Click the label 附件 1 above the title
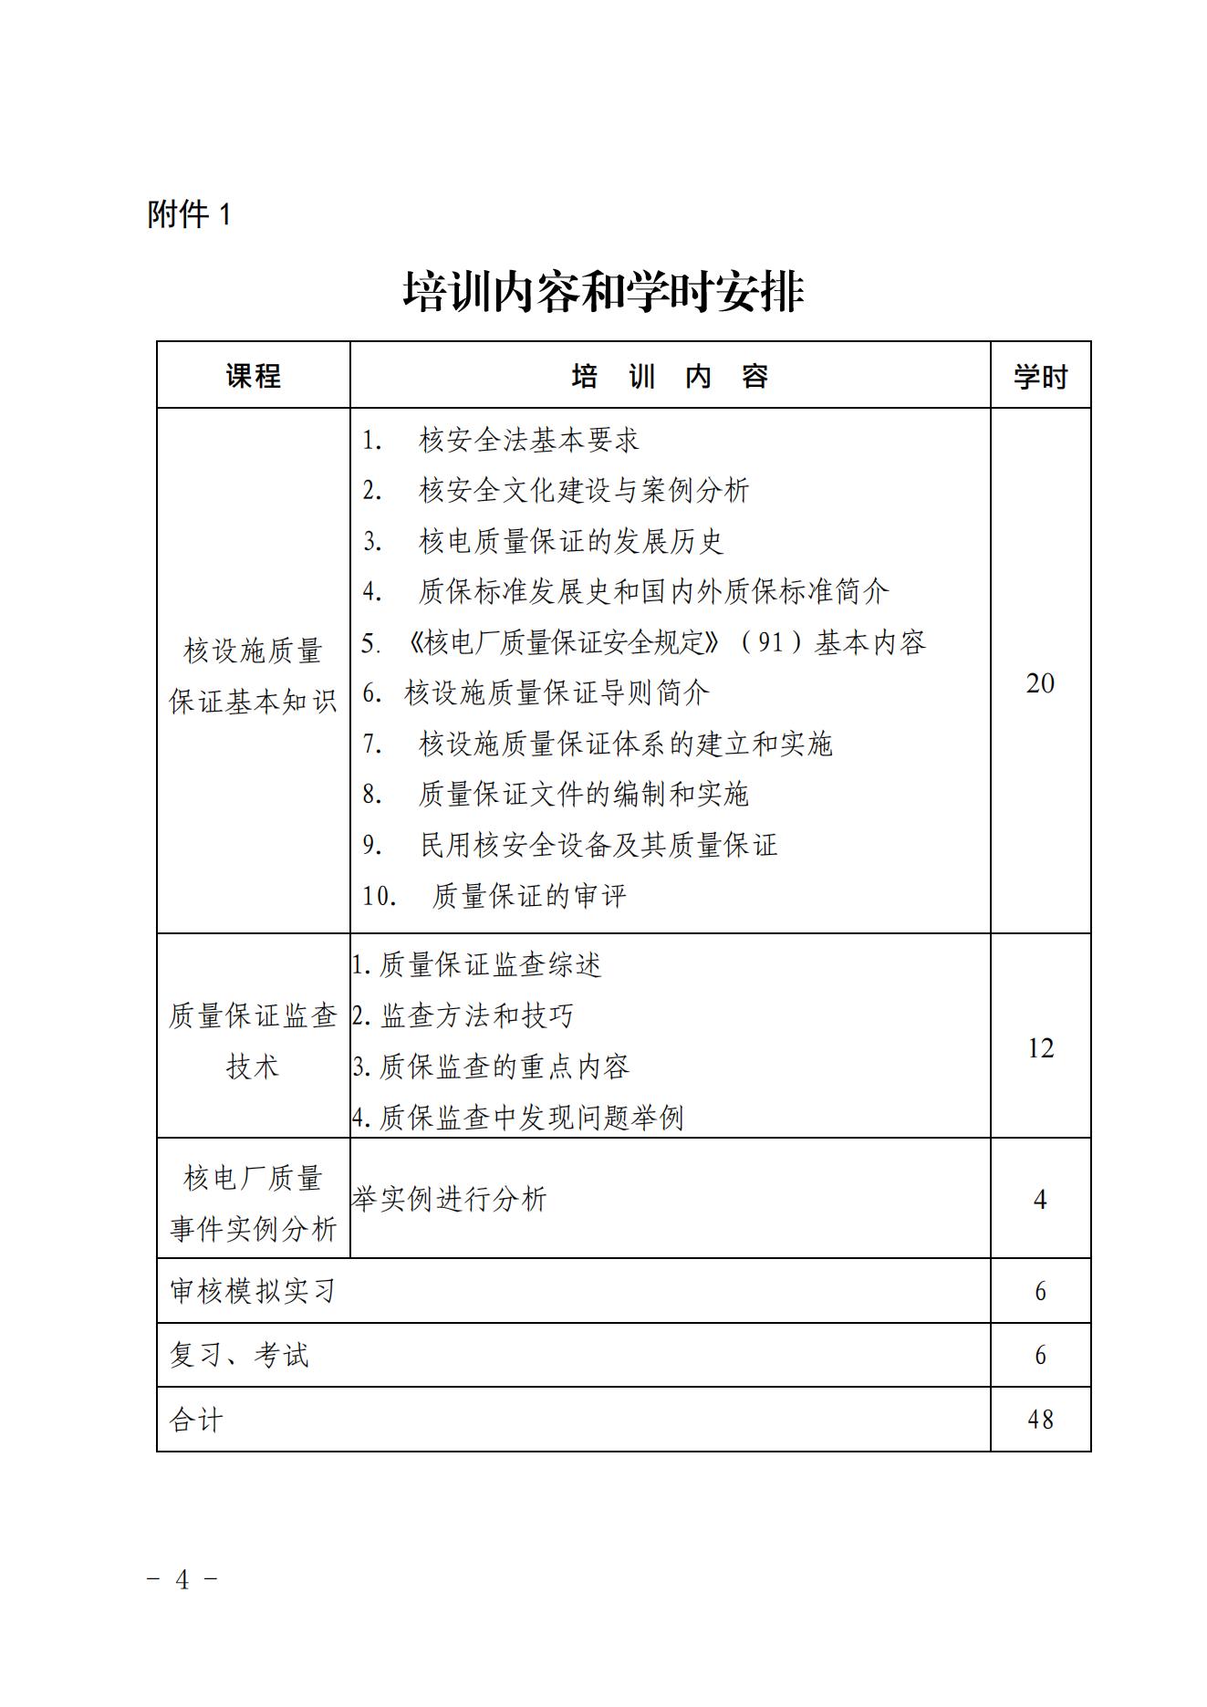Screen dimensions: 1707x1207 (x=190, y=214)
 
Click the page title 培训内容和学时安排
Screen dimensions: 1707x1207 (x=603, y=292)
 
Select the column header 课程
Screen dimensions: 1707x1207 (x=254, y=376)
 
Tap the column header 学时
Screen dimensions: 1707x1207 (x=1040, y=376)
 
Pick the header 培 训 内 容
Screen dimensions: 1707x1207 (x=670, y=376)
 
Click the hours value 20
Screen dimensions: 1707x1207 (x=1040, y=682)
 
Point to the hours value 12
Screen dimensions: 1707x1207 (x=1040, y=1048)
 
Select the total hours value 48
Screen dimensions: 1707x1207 (x=1040, y=1420)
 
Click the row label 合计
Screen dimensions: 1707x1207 (x=196, y=1420)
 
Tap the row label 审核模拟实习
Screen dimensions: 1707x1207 (x=254, y=1291)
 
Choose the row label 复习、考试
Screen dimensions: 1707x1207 (x=239, y=1355)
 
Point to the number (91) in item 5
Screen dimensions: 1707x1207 (x=771, y=642)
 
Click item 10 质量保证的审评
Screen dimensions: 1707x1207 (x=529, y=896)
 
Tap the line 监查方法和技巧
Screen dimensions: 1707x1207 (x=476, y=1015)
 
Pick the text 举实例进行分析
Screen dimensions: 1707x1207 (x=449, y=1199)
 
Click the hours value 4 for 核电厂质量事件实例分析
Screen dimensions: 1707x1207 (x=1040, y=1199)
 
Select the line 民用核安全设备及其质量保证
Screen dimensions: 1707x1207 (x=598, y=845)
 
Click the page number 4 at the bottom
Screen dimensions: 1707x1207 (x=182, y=1579)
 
